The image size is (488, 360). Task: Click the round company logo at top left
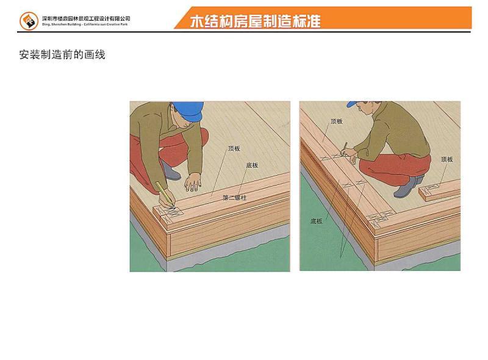(29, 21)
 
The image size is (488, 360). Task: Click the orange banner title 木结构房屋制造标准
(255, 21)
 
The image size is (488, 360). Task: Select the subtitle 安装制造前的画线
(62, 55)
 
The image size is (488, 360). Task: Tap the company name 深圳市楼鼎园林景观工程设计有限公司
(86, 18)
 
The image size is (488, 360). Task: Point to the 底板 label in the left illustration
(252, 165)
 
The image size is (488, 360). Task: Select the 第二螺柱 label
(235, 198)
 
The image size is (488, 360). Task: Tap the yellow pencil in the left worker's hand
(161, 189)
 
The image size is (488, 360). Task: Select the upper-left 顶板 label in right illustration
(336, 121)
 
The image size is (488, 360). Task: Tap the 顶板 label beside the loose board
(447, 159)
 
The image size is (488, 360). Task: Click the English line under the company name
(85, 24)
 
